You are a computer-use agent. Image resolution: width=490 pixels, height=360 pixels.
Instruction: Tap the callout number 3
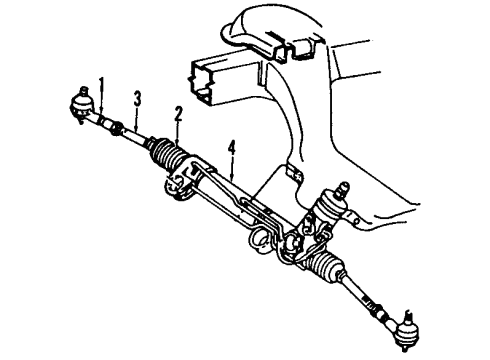tap(138, 97)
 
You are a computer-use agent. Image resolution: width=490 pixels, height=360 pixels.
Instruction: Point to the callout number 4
tap(231, 150)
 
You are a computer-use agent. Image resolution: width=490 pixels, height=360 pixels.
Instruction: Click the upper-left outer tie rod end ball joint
tap(79, 102)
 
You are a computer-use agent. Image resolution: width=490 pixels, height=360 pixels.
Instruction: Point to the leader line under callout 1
tap(100, 101)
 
